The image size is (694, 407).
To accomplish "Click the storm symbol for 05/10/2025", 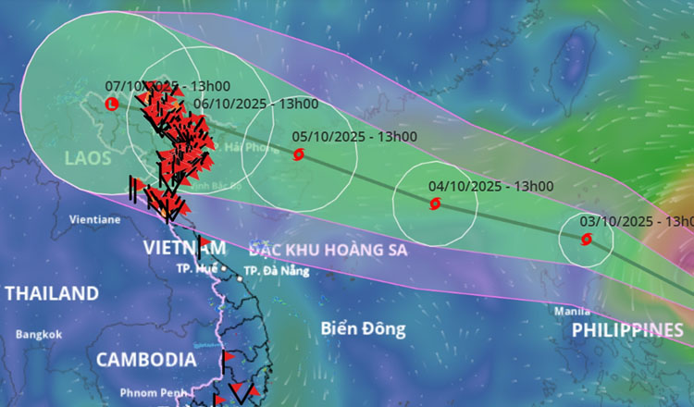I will coord(298,154).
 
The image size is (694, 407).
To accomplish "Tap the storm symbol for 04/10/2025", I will coord(435,203).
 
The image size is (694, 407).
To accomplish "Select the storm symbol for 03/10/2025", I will coord(586,239).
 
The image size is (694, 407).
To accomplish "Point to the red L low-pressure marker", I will coord(112,104).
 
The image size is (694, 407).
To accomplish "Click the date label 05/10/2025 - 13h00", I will coord(354,137).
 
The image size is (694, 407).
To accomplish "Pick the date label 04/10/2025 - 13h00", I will coord(490,186).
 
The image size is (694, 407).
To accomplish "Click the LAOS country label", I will coord(88,159).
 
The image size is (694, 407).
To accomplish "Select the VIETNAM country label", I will coord(184,248).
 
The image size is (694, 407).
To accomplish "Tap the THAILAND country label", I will coord(52,294).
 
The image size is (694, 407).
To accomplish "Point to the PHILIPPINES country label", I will coord(627,330).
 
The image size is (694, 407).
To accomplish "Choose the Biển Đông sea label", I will coord(364,328).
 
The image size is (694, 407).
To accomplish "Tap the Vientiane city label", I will coord(95,220).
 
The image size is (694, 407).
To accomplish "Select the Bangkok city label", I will coord(38,335).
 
